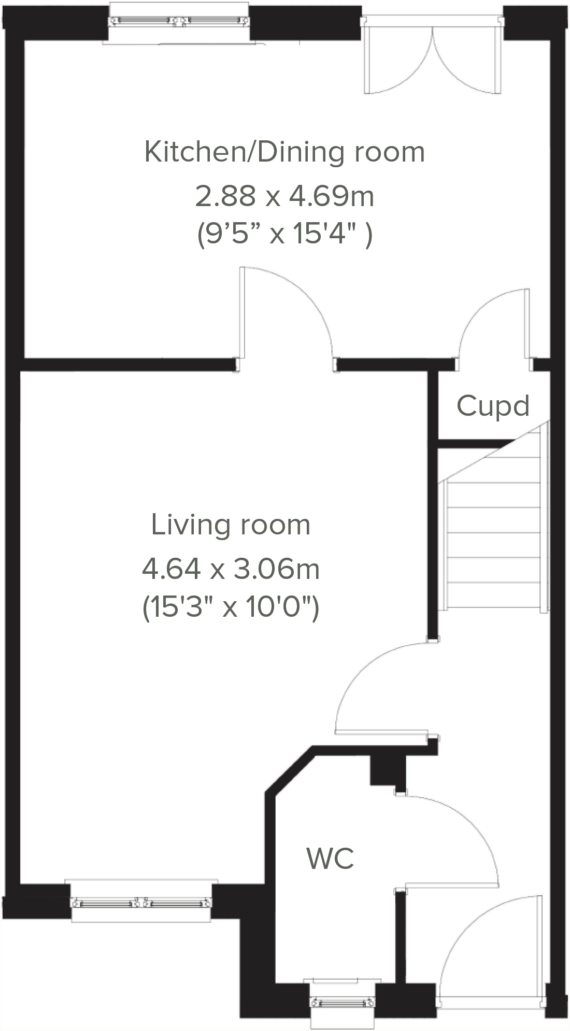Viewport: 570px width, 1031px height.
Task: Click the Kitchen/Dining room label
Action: [284, 152]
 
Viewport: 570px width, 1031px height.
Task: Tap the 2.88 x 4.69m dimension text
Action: [284, 196]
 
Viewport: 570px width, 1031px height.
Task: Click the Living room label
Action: [231, 525]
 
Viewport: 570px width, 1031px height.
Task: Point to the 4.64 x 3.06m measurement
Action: [231, 569]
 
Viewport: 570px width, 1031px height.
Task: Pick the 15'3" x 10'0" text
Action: [231, 607]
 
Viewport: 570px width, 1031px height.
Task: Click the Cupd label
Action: [493, 405]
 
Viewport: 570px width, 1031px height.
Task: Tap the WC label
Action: [330, 858]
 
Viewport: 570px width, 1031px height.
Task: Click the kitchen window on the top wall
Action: [178, 22]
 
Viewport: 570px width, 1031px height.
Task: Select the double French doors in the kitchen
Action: [433, 57]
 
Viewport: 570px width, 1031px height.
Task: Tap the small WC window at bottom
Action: [343, 1002]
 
